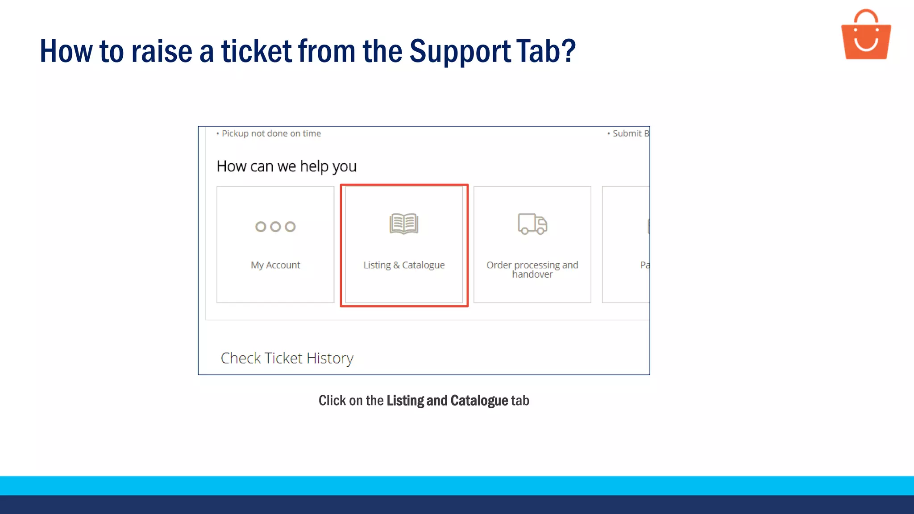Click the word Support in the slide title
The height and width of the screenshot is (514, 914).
coord(460,51)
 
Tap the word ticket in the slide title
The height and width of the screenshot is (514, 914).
coord(257,51)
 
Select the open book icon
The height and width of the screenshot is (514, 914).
coord(404,224)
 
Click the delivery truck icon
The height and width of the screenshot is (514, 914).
coord(532,224)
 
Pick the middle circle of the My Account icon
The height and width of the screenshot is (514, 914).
coord(276,227)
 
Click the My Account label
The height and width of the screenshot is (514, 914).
coord(275,265)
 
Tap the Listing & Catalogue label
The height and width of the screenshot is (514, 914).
coord(404,265)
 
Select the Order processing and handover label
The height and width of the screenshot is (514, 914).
coord(532,269)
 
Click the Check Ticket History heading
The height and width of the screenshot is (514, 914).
coord(287,358)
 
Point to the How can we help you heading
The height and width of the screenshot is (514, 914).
coord(287,166)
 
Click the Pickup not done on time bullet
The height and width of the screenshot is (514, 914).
coord(271,133)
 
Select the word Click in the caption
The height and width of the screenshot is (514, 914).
coord(332,401)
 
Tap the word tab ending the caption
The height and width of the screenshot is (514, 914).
coord(520,401)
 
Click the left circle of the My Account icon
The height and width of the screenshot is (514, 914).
coord(261,227)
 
